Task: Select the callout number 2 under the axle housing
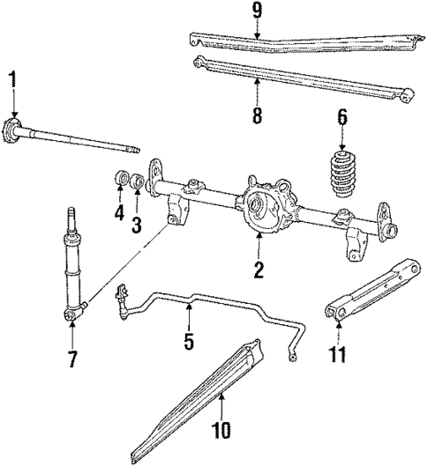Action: click(x=259, y=270)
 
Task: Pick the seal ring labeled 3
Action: click(x=138, y=182)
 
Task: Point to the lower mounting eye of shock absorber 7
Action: click(x=71, y=312)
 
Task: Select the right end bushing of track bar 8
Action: click(x=406, y=93)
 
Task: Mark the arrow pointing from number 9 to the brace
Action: click(x=256, y=28)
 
